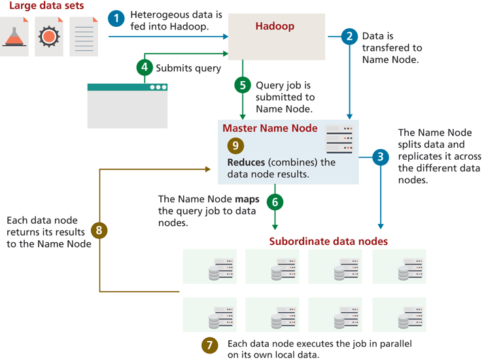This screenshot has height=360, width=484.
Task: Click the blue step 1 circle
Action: click(116, 19)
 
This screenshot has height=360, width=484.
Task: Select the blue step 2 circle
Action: click(351, 37)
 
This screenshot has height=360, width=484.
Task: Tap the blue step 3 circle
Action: click(380, 156)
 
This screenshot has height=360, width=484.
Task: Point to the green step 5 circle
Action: click(243, 84)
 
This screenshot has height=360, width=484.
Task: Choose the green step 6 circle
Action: click(275, 202)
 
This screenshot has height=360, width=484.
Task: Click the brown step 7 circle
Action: click(209, 345)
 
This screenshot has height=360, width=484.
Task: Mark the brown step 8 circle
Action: click(99, 230)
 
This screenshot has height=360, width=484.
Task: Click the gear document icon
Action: click(49, 36)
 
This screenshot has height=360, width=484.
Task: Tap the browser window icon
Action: click(128, 105)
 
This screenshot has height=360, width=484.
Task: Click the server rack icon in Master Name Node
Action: click(339, 139)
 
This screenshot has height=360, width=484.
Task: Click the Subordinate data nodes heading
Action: click(328, 242)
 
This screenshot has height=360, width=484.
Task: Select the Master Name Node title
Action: click(270, 128)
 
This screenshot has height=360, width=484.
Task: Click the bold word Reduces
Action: click(247, 162)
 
